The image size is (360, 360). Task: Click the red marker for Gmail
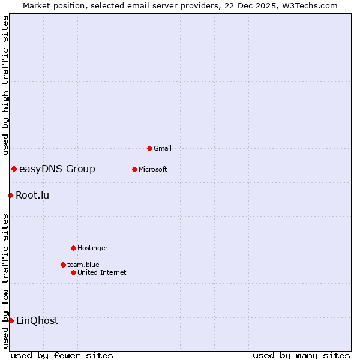point(149,148)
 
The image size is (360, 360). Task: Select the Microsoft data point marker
point(134,169)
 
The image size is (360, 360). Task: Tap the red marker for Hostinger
point(73,248)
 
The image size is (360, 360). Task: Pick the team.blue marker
point(63,265)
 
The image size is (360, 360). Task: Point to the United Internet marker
point(73,272)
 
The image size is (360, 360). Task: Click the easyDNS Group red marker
point(14,169)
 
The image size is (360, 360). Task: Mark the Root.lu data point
point(10,195)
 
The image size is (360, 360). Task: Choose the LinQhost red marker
point(11,320)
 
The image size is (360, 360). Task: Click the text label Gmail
point(163,148)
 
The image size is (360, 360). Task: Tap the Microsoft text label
point(153,169)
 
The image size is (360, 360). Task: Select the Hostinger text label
point(92,248)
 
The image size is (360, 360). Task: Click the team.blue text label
point(83,265)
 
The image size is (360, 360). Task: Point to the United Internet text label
point(102,272)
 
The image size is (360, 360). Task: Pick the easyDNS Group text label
point(57,169)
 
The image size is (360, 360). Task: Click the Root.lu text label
point(32,195)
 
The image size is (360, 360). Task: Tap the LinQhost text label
point(37,320)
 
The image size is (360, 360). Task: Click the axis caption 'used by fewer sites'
point(62,355)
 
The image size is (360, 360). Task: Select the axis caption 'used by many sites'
point(301,355)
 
